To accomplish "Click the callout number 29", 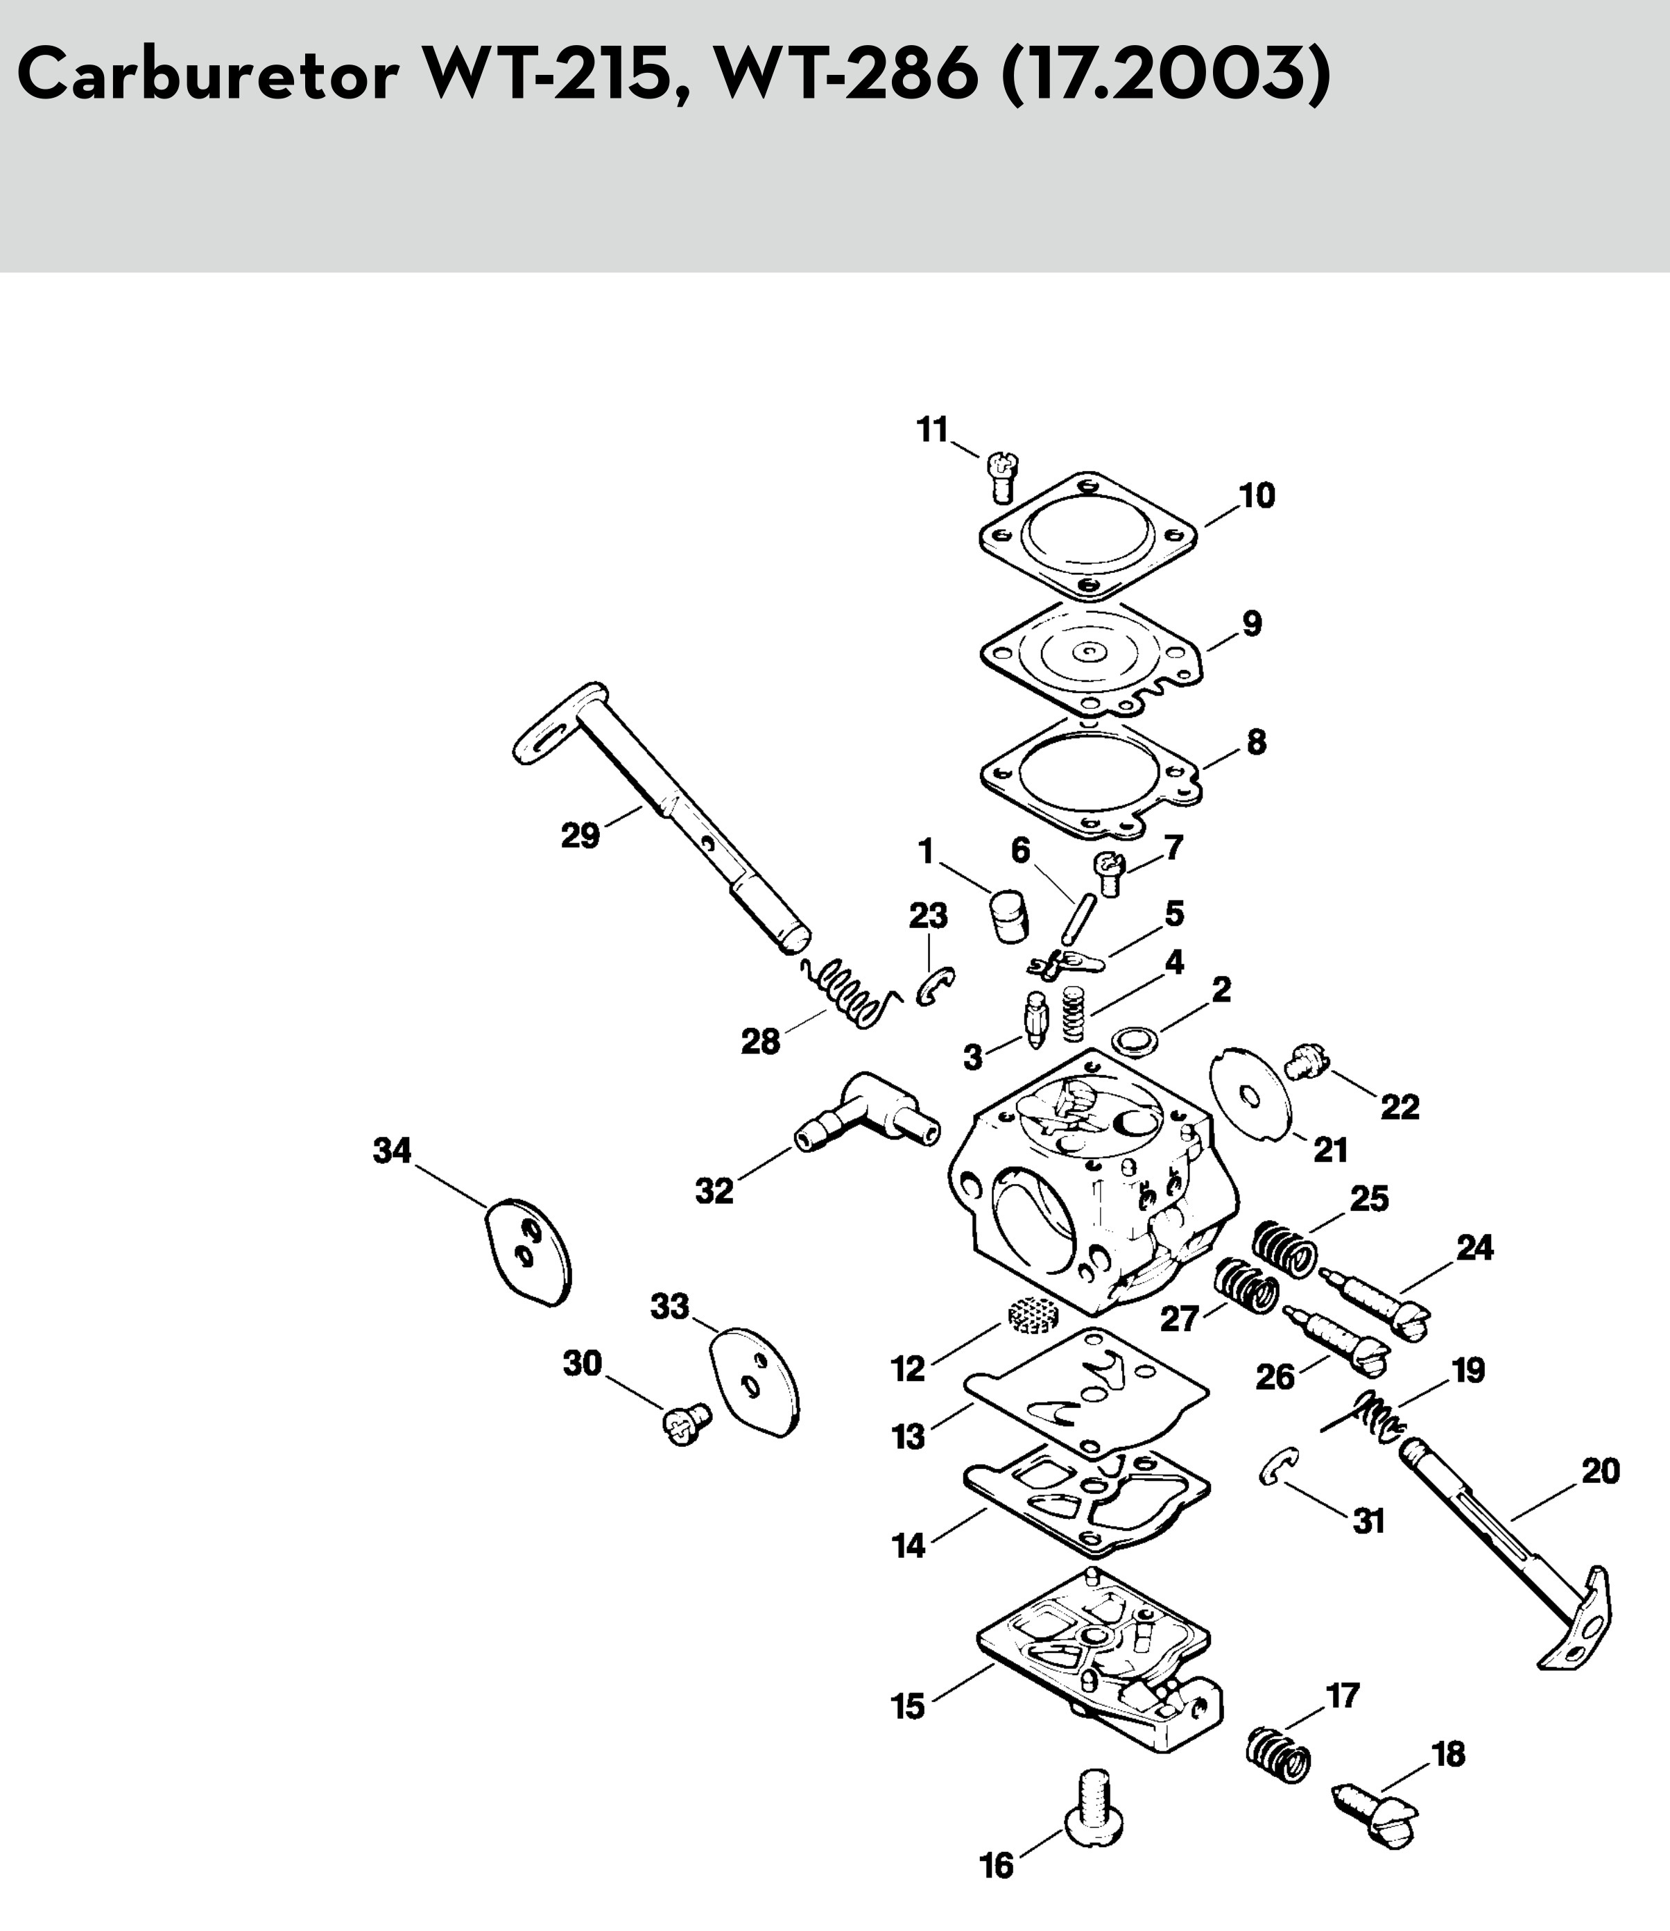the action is pyautogui.click(x=580, y=836).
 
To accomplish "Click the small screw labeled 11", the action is pyautogui.click(x=1002, y=478).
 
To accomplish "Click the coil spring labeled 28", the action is pyautogui.click(x=851, y=995).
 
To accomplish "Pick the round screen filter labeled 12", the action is pyautogui.click(x=1032, y=1315).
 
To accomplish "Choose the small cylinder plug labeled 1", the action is pyautogui.click(x=1008, y=917).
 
